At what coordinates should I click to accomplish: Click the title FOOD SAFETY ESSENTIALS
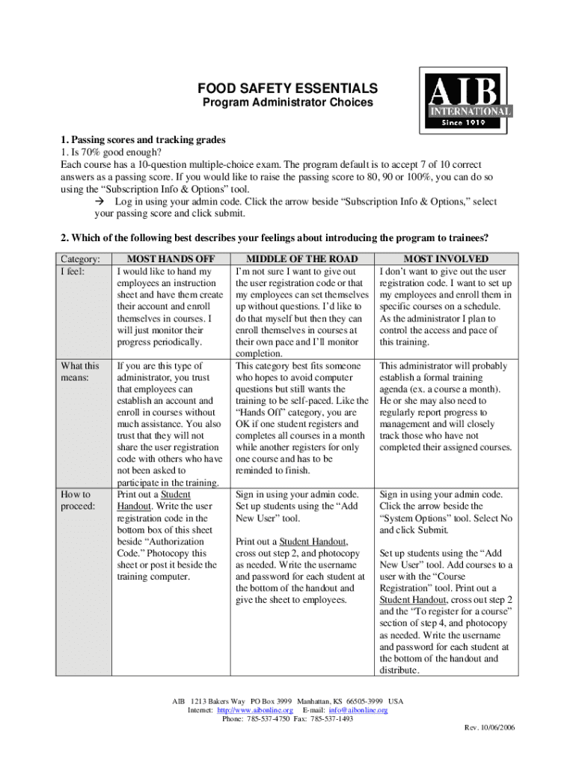click(288, 88)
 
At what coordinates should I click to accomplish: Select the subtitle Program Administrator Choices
click(288, 103)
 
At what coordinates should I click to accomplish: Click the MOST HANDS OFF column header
click(167, 258)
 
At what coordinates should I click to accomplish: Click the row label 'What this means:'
click(80, 372)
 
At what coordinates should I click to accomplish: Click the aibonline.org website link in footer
click(254, 710)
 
